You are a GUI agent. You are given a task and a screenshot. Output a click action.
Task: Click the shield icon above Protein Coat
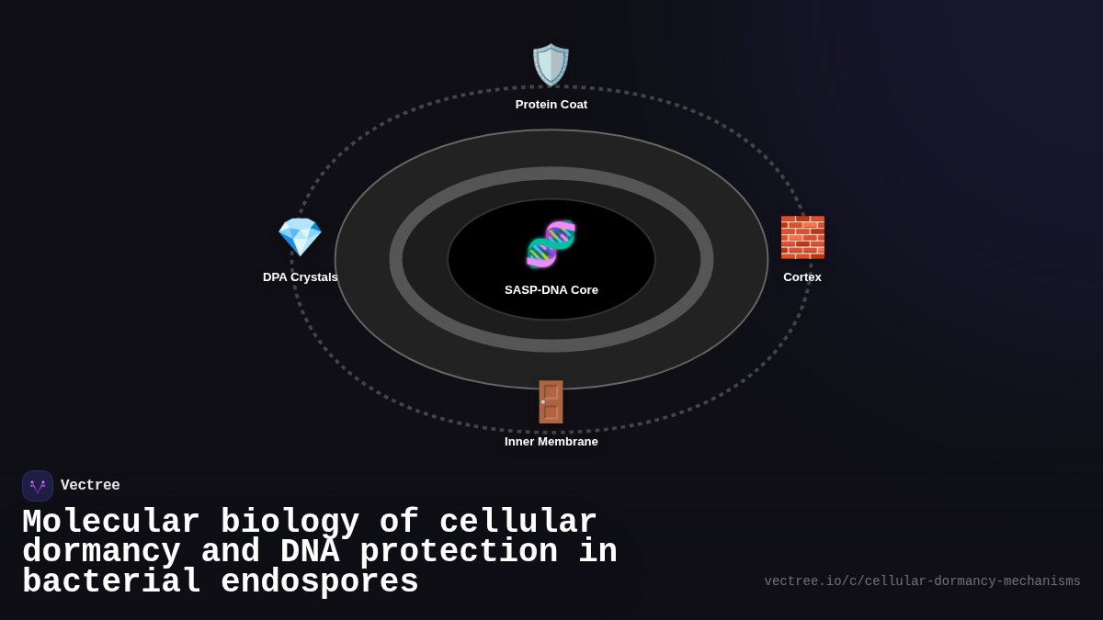pos(551,65)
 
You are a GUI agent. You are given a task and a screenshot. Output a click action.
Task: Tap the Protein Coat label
pos(551,105)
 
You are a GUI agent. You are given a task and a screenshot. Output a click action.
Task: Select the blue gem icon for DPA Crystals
pos(300,237)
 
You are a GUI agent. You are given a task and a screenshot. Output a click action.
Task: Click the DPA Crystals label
pos(301,277)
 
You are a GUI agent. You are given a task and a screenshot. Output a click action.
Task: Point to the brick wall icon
pos(802,237)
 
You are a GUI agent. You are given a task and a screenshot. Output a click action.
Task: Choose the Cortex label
pos(802,277)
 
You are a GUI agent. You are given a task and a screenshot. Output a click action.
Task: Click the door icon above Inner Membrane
pos(551,401)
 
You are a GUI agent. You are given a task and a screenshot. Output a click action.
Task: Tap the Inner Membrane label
pos(551,442)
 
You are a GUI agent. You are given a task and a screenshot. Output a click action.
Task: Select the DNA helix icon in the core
pos(551,244)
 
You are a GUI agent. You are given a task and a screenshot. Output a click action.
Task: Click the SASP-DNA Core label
pos(551,290)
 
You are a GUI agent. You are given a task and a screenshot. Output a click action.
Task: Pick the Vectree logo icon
pos(38,486)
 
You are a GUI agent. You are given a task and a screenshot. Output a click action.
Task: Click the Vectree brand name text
pos(90,486)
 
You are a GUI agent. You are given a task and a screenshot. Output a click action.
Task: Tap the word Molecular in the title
pos(111,523)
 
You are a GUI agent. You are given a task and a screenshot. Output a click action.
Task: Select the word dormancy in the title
pos(101,552)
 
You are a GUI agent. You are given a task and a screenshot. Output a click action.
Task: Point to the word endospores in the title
pos(320,582)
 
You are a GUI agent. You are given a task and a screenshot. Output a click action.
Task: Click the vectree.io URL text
pos(922,581)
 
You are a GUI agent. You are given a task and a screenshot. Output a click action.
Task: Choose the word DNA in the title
pos(310,552)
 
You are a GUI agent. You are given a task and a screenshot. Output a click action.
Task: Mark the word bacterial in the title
pos(111,582)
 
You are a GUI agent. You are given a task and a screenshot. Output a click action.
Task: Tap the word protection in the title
pos(459,552)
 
